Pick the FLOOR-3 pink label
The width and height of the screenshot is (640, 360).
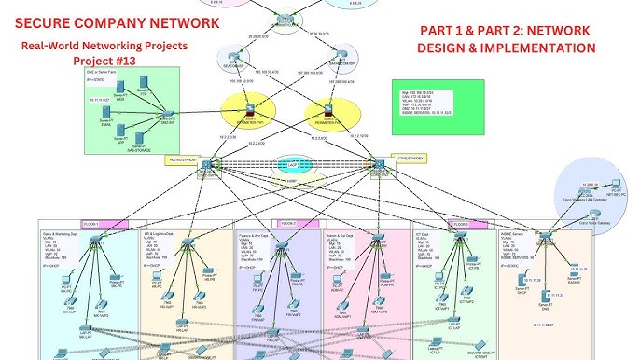pos(461,225)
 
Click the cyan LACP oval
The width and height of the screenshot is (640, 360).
pos(294,164)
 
